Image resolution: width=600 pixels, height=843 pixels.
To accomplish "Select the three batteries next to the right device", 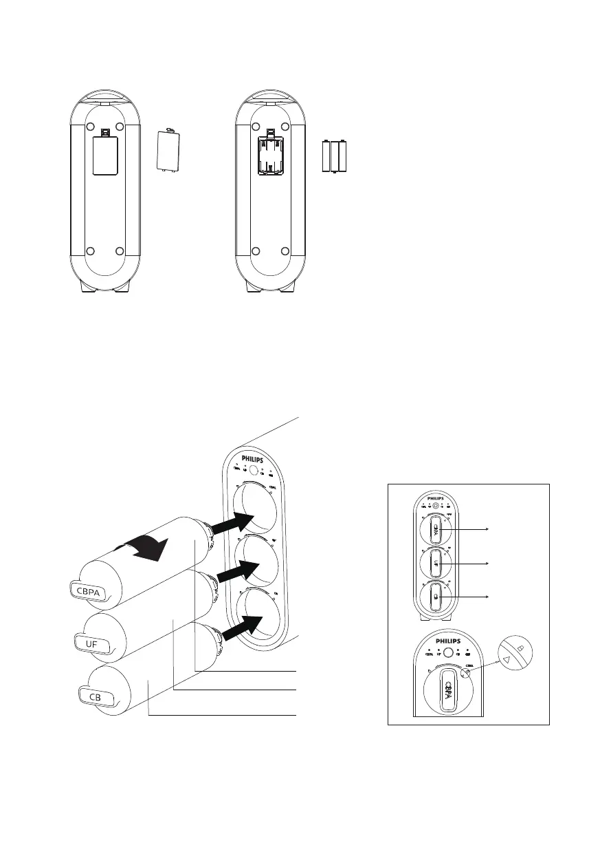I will click(335, 156).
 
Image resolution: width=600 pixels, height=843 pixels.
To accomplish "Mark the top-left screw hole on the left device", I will click(89, 127).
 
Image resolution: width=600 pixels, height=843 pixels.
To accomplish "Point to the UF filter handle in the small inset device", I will click(436, 564).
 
